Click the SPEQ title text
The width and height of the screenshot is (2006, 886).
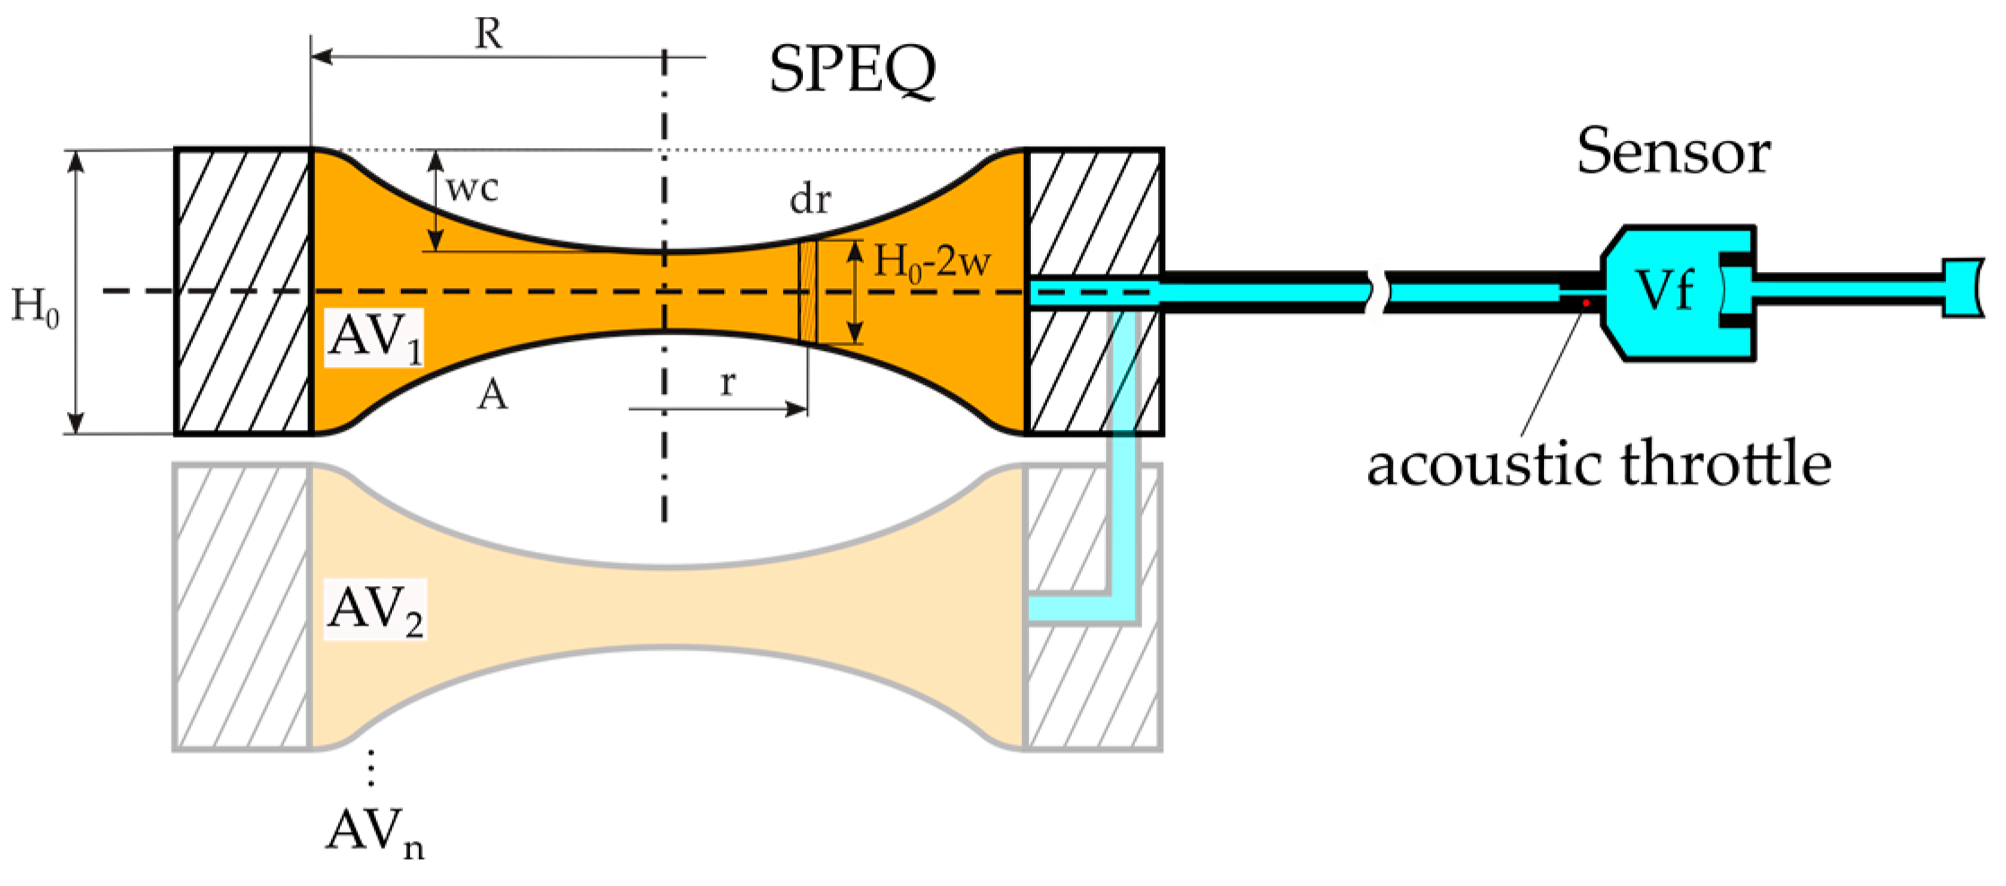click(852, 70)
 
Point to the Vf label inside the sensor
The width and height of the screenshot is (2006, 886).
click(1665, 291)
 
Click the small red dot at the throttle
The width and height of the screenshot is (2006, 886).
click(1586, 303)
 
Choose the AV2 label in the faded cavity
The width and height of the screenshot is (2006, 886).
click(375, 610)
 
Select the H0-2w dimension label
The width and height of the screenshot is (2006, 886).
click(933, 263)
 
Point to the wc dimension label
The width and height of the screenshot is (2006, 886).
click(472, 189)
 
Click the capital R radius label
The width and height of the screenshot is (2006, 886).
click(489, 34)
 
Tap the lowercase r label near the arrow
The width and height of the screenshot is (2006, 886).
click(728, 382)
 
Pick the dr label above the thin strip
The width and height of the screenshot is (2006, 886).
click(810, 199)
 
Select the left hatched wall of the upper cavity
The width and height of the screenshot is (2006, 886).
click(243, 292)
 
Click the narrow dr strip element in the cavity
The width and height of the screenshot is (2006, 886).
click(808, 291)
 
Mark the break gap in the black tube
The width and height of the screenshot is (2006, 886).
click(1378, 292)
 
